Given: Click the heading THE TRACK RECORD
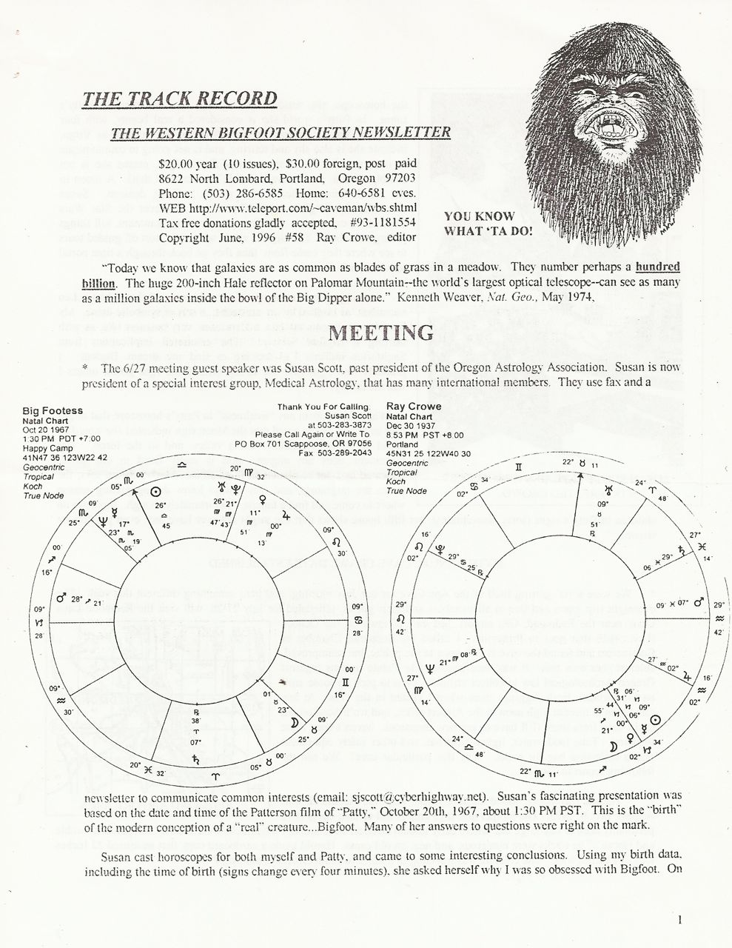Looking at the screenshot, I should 180,99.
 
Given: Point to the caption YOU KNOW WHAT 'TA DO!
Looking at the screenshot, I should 488,223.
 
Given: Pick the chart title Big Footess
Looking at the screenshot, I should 53,410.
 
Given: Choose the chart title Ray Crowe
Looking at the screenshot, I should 414,406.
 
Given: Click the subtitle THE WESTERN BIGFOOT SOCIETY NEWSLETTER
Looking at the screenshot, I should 280,133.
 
